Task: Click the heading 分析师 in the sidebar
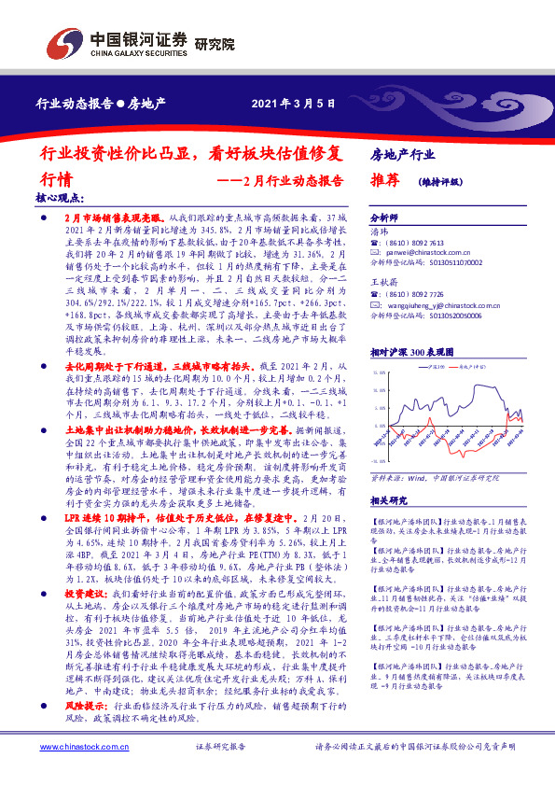pyautogui.click(x=384, y=215)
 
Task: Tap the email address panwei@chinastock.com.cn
pyautogui.click(x=425, y=252)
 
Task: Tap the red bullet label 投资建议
pyautogui.click(x=85, y=593)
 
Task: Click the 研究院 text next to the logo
pyautogui.click(x=215, y=45)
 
